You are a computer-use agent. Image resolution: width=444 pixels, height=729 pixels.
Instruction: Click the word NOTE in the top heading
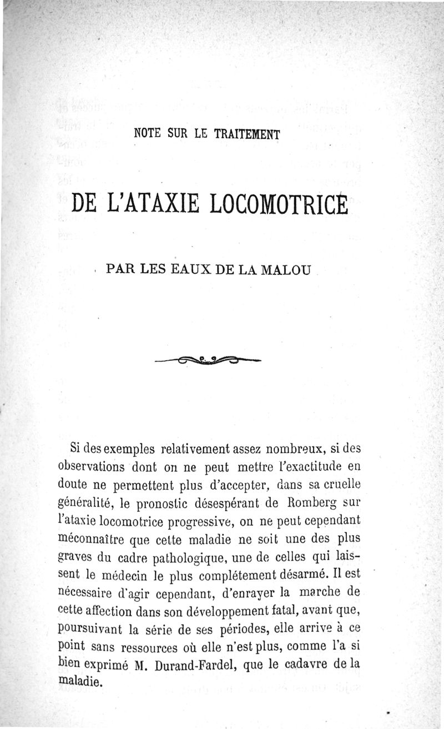148,134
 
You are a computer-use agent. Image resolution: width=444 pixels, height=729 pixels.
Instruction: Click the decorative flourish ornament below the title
209,361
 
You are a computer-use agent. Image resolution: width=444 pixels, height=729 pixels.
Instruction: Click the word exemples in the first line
125,448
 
